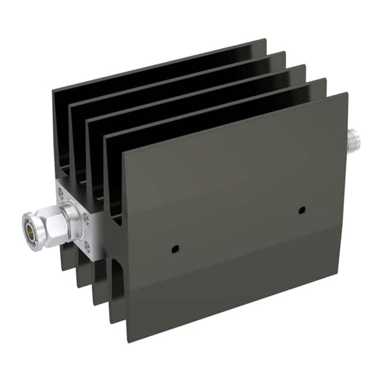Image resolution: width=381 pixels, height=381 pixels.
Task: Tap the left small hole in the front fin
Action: pos(174,248)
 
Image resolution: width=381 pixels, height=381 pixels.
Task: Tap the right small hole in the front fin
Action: pos(302,210)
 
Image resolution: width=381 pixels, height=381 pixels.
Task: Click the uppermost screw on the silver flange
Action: pos(61,191)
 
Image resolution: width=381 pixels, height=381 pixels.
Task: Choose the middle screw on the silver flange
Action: pos(86,217)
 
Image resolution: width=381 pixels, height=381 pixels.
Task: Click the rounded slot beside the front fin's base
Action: pos(117,286)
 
